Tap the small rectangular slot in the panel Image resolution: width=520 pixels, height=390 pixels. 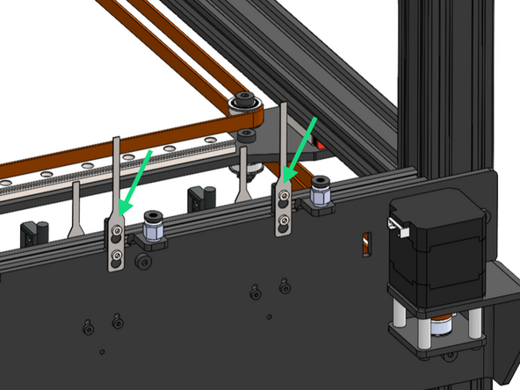pos(365,244)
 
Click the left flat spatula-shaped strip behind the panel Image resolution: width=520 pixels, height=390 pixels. pos(76,211)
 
